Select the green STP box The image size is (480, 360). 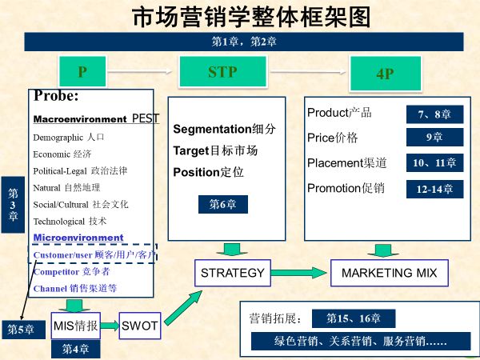[222, 72]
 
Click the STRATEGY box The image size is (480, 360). [233, 273]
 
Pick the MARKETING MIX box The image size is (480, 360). [390, 273]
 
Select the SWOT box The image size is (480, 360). [140, 326]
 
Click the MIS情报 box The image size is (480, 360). [76, 326]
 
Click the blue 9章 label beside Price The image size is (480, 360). [434, 138]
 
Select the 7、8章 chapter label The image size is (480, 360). [434, 114]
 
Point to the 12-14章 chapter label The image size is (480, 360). [434, 189]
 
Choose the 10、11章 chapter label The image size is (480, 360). [434, 163]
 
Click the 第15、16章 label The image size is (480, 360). [353, 318]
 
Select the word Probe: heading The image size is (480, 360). [56, 97]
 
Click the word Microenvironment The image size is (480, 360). [78, 238]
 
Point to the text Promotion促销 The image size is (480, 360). [346, 189]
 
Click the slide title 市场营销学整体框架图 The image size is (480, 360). [240, 17]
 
